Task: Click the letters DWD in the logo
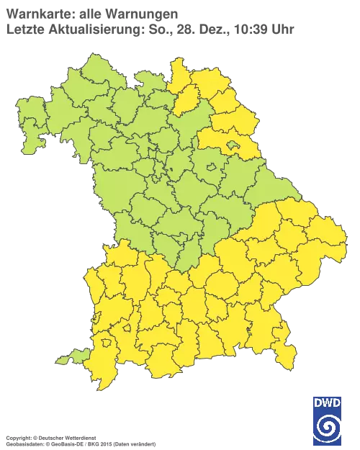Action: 328,405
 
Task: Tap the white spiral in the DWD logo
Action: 328,428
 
